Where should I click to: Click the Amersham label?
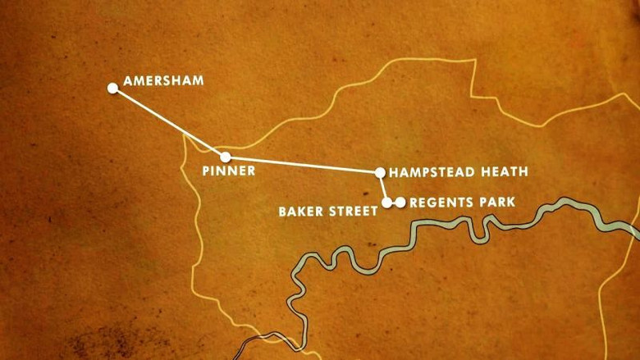click(162, 81)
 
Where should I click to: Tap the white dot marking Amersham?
click(112, 88)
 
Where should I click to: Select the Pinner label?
click(229, 171)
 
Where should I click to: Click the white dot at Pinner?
click(226, 157)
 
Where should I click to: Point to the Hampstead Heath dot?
click(380, 172)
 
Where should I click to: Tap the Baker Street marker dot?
click(387, 202)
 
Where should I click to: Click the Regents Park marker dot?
click(400, 202)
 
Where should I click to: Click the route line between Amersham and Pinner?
click(169, 122)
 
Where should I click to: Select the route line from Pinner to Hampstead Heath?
click(303, 164)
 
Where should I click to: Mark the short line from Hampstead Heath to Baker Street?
click(383, 187)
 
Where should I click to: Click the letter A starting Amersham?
click(128, 81)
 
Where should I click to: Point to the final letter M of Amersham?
click(198, 81)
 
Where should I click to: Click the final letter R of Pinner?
click(251, 171)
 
